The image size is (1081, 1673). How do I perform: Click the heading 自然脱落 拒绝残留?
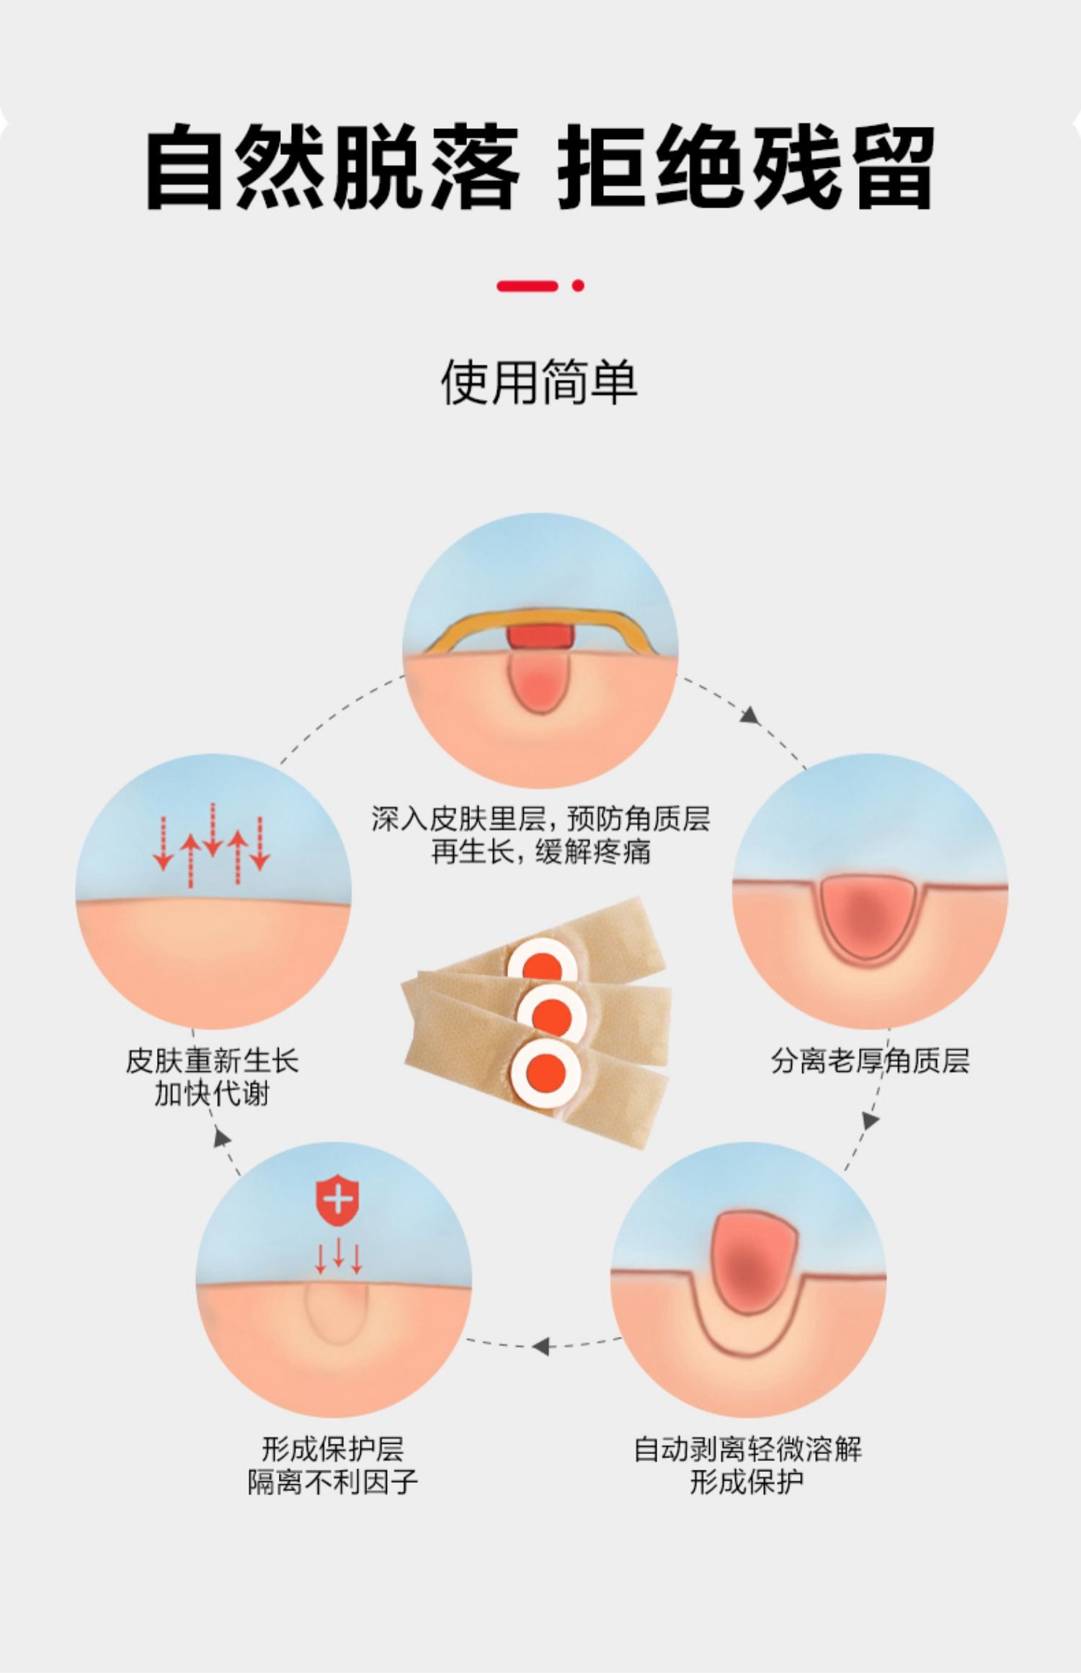coord(540,167)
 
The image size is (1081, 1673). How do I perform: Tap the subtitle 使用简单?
coord(539,382)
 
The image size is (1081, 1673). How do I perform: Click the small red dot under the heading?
coord(577,285)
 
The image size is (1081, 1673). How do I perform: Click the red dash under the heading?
coord(528,286)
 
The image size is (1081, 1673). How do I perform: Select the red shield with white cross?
coord(337,1201)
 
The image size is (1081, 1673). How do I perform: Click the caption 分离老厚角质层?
coord(870,1061)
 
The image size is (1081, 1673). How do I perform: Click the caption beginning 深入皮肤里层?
coord(540,835)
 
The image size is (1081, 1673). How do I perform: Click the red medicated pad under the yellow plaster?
coord(540,636)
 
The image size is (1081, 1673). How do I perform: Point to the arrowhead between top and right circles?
coord(751,715)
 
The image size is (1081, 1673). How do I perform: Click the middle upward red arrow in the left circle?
coord(238,857)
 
